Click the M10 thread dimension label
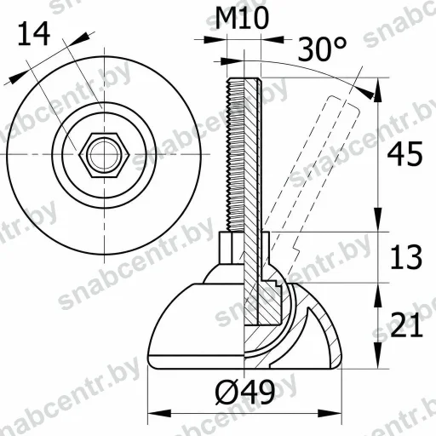pos(242,19)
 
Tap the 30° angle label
pos(322,49)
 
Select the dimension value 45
pos(404,154)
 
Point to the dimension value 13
pos(406,257)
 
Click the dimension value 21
pos(406,325)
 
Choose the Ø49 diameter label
pos(245,393)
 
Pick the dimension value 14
pos(34,34)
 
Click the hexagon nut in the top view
pos(105,155)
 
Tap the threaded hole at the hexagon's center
pos(105,155)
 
